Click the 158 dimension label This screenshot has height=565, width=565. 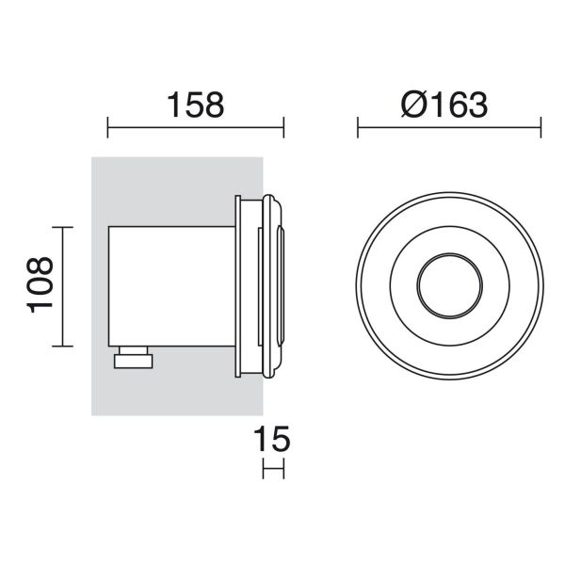coord(196,104)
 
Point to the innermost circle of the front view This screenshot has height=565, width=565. coord(448,287)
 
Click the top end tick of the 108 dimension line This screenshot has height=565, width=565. coord(62,228)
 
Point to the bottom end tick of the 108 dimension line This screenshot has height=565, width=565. coord(62,347)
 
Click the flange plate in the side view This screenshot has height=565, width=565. coord(246,287)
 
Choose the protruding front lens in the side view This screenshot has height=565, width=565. coord(278,287)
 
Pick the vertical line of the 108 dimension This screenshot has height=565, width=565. coord(62,287)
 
